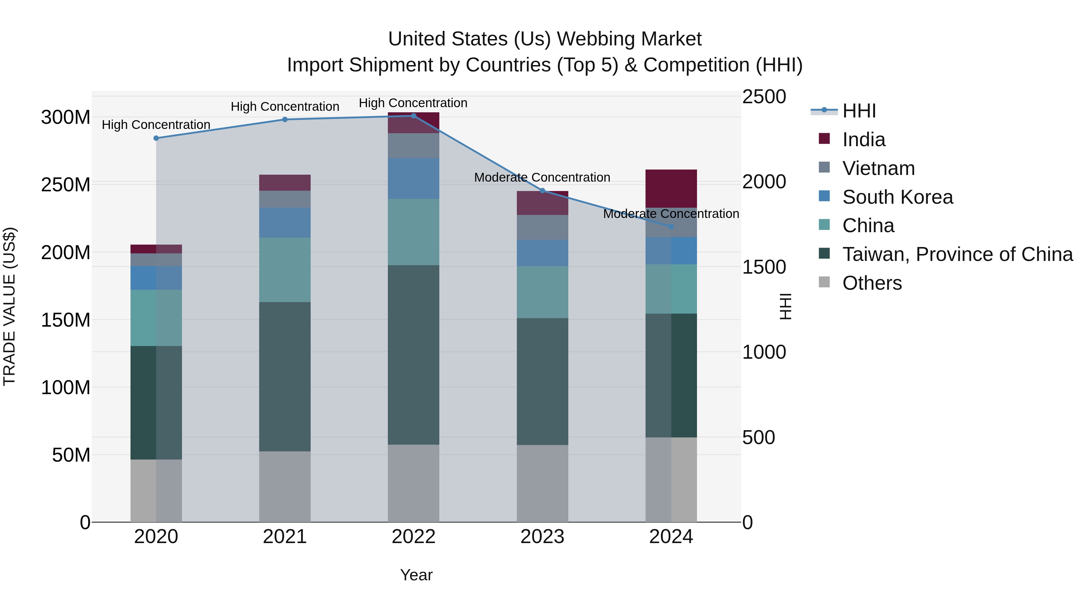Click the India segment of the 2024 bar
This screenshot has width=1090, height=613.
click(671, 188)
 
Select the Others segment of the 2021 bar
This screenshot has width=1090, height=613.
click(285, 486)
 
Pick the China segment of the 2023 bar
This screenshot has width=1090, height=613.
click(543, 292)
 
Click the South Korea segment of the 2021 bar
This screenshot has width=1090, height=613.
click(285, 222)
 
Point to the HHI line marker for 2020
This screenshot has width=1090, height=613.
click(156, 138)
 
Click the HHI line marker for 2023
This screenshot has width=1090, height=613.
click(543, 191)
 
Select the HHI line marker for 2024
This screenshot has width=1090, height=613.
click(671, 227)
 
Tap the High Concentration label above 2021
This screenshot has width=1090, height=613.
click(285, 107)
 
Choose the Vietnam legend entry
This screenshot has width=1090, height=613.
click(878, 168)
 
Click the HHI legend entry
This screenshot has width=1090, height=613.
click(859, 111)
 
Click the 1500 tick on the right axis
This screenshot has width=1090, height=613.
click(764, 267)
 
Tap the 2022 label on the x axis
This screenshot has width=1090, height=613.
click(413, 537)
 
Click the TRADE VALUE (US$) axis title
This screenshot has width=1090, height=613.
click(9, 306)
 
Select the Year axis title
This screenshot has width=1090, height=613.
click(416, 575)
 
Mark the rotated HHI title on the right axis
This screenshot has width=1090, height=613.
click(785, 306)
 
